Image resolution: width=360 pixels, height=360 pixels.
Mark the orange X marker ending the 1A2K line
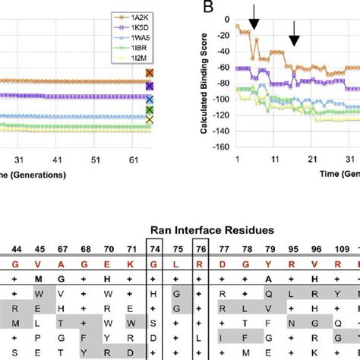150,74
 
